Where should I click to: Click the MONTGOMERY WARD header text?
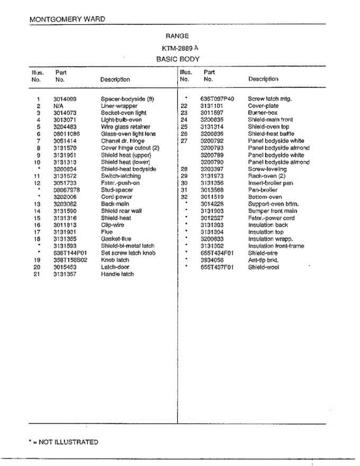[x=67, y=19]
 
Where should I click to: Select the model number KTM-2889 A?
[x=180, y=48]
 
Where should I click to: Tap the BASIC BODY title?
[x=178, y=59]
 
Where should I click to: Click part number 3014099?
[x=65, y=99]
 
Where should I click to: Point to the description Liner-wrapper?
[x=119, y=106]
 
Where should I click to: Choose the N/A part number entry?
[x=59, y=106]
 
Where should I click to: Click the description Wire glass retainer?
[x=125, y=127]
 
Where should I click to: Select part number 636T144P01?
[x=70, y=253]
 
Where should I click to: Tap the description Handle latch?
[x=117, y=274]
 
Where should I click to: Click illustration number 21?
[x=37, y=274]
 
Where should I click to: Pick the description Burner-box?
[x=263, y=113]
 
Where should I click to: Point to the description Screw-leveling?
[x=267, y=169]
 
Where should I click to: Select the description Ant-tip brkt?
[x=263, y=260]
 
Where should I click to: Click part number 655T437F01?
[x=217, y=267]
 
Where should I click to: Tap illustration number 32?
[x=184, y=197]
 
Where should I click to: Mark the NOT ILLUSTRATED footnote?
[x=64, y=442]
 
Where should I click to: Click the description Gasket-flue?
[x=116, y=239]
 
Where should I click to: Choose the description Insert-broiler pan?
[x=270, y=183]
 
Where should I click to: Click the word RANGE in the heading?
[x=177, y=36]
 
